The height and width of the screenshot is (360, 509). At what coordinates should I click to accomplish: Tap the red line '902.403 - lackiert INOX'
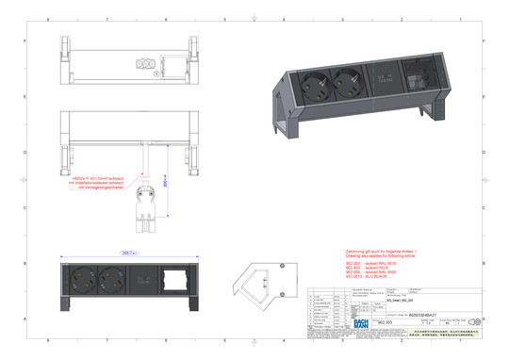[363, 268]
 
